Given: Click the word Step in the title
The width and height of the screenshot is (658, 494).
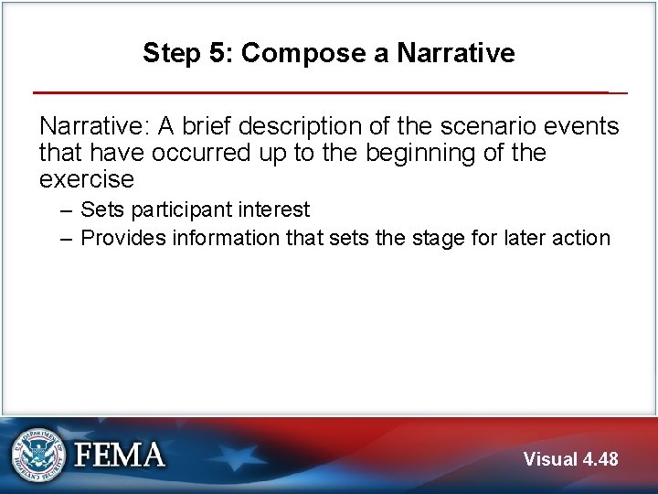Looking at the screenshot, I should pyautogui.click(x=171, y=54).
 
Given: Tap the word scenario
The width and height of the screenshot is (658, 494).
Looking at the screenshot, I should pyautogui.click(x=475, y=126).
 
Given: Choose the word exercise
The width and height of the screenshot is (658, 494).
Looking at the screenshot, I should pyautogui.click(x=87, y=177).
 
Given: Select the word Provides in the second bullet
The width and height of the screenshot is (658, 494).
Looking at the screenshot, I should pyautogui.click(x=121, y=238).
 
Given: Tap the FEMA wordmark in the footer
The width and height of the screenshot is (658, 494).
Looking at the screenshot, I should pyautogui.click(x=120, y=455).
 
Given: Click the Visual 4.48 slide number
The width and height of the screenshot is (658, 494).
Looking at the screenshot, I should pyautogui.click(x=570, y=459).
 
